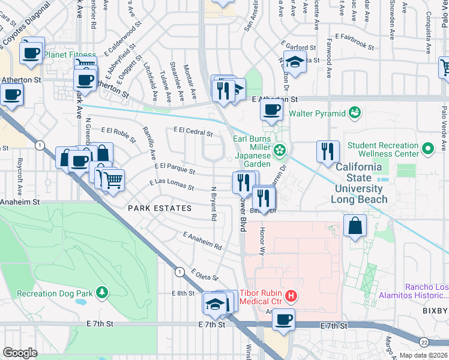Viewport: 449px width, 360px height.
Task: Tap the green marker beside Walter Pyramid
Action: (355, 112)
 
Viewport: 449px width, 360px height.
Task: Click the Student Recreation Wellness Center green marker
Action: (427, 148)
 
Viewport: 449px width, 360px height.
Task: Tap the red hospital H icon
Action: (291, 295)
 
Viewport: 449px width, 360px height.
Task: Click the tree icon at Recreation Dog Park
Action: (103, 292)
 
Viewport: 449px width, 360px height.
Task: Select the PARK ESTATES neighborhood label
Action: (160, 208)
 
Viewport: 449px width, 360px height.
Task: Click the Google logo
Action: (20, 352)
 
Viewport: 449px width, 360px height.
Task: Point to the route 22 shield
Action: (425, 341)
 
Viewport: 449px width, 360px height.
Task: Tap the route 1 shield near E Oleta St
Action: (179, 272)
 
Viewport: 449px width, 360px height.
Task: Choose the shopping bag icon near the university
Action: (355, 226)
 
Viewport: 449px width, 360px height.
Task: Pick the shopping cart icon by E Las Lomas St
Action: (112, 179)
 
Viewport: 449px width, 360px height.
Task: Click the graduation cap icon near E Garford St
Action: (294, 61)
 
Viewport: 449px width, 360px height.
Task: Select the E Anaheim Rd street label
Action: (202, 242)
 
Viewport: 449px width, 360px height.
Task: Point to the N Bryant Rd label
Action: (213, 203)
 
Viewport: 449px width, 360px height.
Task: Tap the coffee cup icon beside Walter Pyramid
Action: (271, 110)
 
